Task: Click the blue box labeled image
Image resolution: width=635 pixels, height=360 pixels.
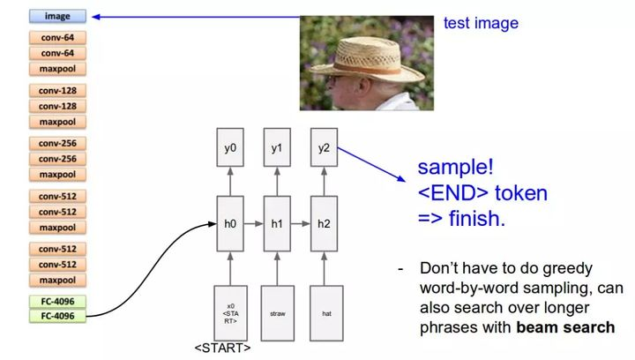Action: click(58, 16)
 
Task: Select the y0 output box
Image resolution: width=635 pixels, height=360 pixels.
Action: click(230, 148)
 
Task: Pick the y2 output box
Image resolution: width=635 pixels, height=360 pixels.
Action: click(323, 148)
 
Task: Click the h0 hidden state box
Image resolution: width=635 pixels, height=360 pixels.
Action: click(230, 224)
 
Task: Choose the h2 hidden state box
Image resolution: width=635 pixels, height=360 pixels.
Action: click(323, 224)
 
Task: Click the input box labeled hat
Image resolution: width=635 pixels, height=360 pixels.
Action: click(325, 312)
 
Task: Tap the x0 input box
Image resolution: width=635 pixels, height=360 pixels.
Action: click(230, 312)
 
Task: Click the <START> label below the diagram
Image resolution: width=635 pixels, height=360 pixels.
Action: click(223, 349)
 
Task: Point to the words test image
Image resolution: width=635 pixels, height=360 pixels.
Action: click(480, 24)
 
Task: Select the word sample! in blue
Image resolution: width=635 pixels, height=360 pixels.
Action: click(454, 168)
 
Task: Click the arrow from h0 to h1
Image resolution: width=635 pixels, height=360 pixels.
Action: click(254, 224)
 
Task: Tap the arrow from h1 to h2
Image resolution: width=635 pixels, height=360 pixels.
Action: click(301, 224)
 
